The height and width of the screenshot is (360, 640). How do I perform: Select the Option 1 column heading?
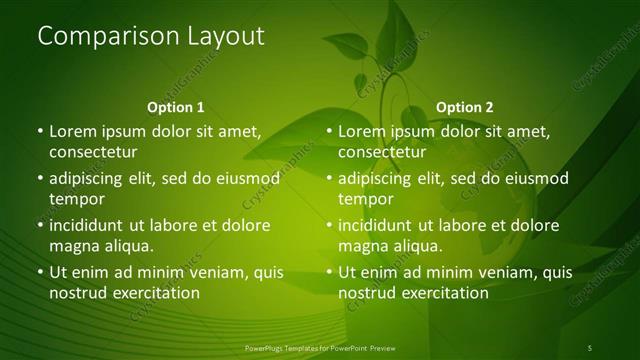176,107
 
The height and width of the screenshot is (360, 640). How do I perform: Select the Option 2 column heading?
465,107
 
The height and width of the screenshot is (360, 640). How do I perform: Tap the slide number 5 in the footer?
590,347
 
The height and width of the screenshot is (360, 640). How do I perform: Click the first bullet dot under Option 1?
40,131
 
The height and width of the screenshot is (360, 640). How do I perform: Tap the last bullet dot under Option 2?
330,272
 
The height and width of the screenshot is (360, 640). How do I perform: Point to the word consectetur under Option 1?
92,152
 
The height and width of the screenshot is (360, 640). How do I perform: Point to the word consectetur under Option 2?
382,152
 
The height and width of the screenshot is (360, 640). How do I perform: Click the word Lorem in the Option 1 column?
71,131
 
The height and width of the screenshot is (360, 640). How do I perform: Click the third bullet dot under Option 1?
40,225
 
